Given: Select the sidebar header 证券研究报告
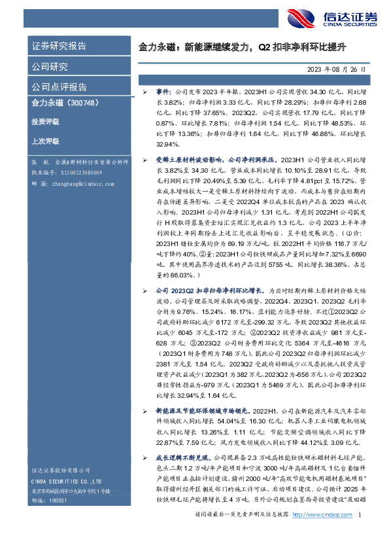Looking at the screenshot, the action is (x=59, y=46).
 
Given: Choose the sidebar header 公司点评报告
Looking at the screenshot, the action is (x=59, y=87).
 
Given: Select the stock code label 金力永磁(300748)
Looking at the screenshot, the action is (x=65, y=103).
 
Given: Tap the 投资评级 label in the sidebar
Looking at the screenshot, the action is (x=45, y=122).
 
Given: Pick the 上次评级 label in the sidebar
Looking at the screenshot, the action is (x=45, y=141).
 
